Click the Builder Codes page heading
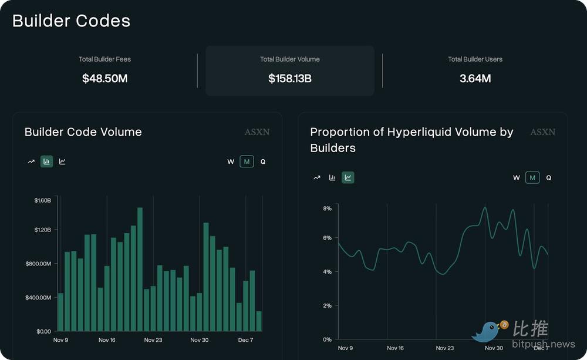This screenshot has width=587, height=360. click(71, 21)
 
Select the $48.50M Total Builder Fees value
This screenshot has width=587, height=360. click(105, 78)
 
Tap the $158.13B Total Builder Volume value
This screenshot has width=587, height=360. click(289, 78)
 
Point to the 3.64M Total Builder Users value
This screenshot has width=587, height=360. click(475, 78)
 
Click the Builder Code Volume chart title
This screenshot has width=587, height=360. click(83, 132)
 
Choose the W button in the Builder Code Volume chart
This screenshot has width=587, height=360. click(231, 162)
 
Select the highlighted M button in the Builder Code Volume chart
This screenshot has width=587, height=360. click(247, 162)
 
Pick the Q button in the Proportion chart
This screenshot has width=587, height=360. click(548, 177)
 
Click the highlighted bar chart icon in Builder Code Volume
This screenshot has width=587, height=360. click(46, 162)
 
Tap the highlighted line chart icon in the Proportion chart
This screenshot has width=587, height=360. click(348, 177)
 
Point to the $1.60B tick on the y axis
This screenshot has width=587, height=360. click(42, 200)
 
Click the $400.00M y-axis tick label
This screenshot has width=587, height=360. click(38, 297)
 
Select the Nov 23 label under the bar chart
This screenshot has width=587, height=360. click(153, 340)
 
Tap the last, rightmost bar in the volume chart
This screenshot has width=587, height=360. click(259, 321)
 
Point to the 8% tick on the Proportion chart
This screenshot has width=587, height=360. click(327, 208)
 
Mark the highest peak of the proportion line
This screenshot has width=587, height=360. click(485, 207)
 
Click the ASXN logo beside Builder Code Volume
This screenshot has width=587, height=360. click(257, 132)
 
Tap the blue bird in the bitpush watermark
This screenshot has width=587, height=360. click(487, 332)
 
